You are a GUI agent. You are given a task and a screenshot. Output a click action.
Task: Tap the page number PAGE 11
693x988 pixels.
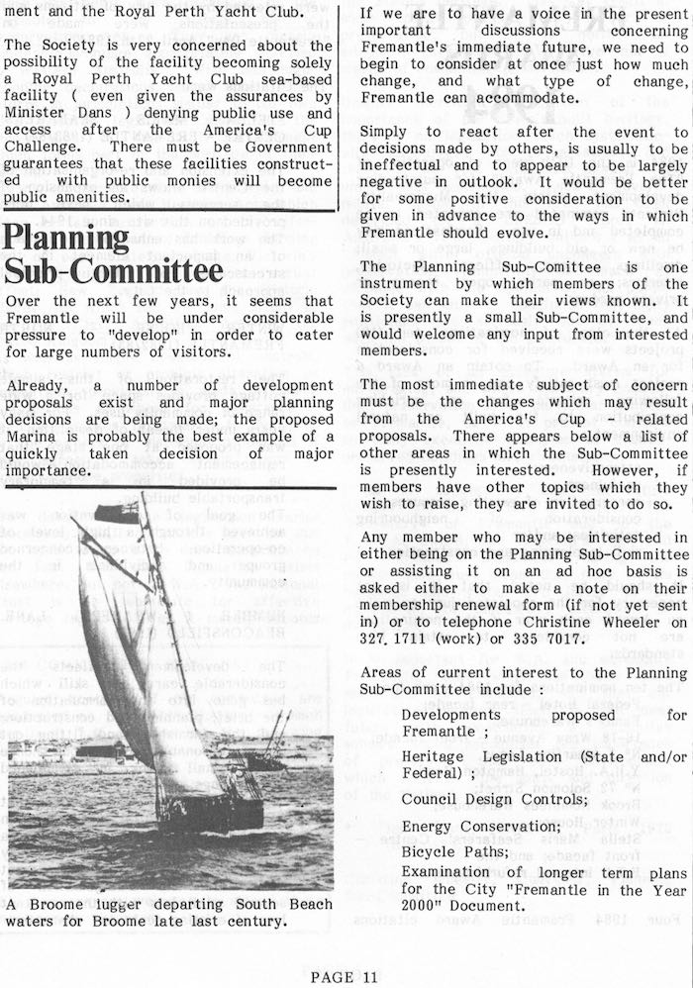[x=345, y=977]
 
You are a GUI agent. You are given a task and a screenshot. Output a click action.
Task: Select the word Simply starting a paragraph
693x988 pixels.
[x=388, y=132]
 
